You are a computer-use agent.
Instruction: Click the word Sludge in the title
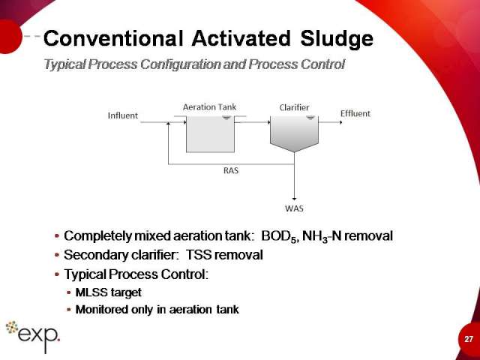[x=337, y=39]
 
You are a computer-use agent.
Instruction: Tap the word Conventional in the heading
[x=113, y=38]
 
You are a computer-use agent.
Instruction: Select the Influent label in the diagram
[x=123, y=115]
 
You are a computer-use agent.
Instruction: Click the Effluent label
[x=355, y=113]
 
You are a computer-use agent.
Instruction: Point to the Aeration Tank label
[x=210, y=107]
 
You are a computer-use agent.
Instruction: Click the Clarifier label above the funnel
[x=294, y=107]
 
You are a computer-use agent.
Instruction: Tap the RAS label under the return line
[x=231, y=170]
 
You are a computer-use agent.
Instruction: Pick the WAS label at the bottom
[x=294, y=208]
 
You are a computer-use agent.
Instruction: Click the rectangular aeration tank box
[x=210, y=134]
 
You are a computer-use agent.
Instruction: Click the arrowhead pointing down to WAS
[x=294, y=199]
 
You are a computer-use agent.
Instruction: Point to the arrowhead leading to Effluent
[x=340, y=122]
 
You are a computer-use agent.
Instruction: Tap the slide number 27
[x=468, y=339]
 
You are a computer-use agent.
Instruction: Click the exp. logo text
[x=38, y=336]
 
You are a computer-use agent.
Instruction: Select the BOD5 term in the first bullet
[x=279, y=237]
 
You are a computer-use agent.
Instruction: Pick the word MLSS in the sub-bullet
[x=91, y=292]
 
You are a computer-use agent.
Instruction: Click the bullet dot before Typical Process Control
[x=57, y=274]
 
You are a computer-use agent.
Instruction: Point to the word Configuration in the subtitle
[x=180, y=64]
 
